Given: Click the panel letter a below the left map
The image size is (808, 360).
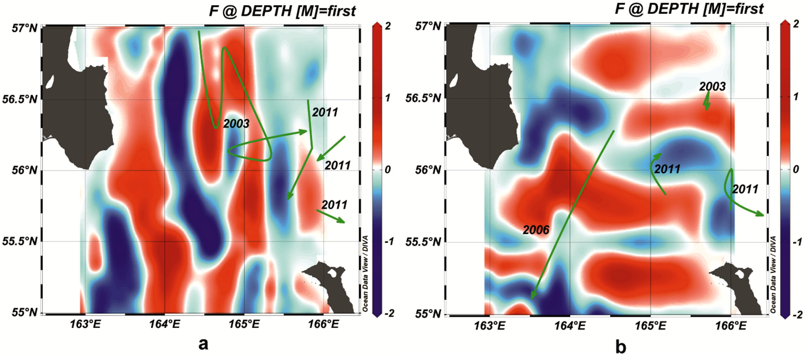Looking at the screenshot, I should click(203, 344).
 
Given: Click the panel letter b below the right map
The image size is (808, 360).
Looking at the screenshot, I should click(620, 347).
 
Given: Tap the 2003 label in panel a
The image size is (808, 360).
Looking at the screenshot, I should click(236, 123).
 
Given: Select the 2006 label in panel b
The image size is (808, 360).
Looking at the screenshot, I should click(536, 230).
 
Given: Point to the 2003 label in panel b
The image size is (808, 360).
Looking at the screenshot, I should click(712, 86).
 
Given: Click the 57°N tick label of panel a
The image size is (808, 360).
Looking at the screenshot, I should click(25, 28).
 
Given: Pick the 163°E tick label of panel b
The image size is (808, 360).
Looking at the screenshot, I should click(490, 326).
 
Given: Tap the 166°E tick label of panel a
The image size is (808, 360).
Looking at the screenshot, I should click(323, 324).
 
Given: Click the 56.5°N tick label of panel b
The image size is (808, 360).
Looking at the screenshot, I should click(423, 98).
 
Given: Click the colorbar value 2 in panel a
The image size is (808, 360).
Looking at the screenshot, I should click(388, 26).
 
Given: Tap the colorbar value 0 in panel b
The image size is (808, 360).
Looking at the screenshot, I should click(795, 169).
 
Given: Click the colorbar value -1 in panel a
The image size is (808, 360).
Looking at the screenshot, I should click(389, 241).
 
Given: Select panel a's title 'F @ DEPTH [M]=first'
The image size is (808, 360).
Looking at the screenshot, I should click(282, 11).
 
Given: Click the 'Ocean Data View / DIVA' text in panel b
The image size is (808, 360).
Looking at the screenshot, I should click(773, 275).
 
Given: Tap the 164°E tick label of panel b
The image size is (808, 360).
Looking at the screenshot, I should click(570, 326).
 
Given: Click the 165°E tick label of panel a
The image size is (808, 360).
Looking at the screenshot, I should click(244, 324).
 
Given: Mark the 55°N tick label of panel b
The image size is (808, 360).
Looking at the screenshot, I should click(428, 314).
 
